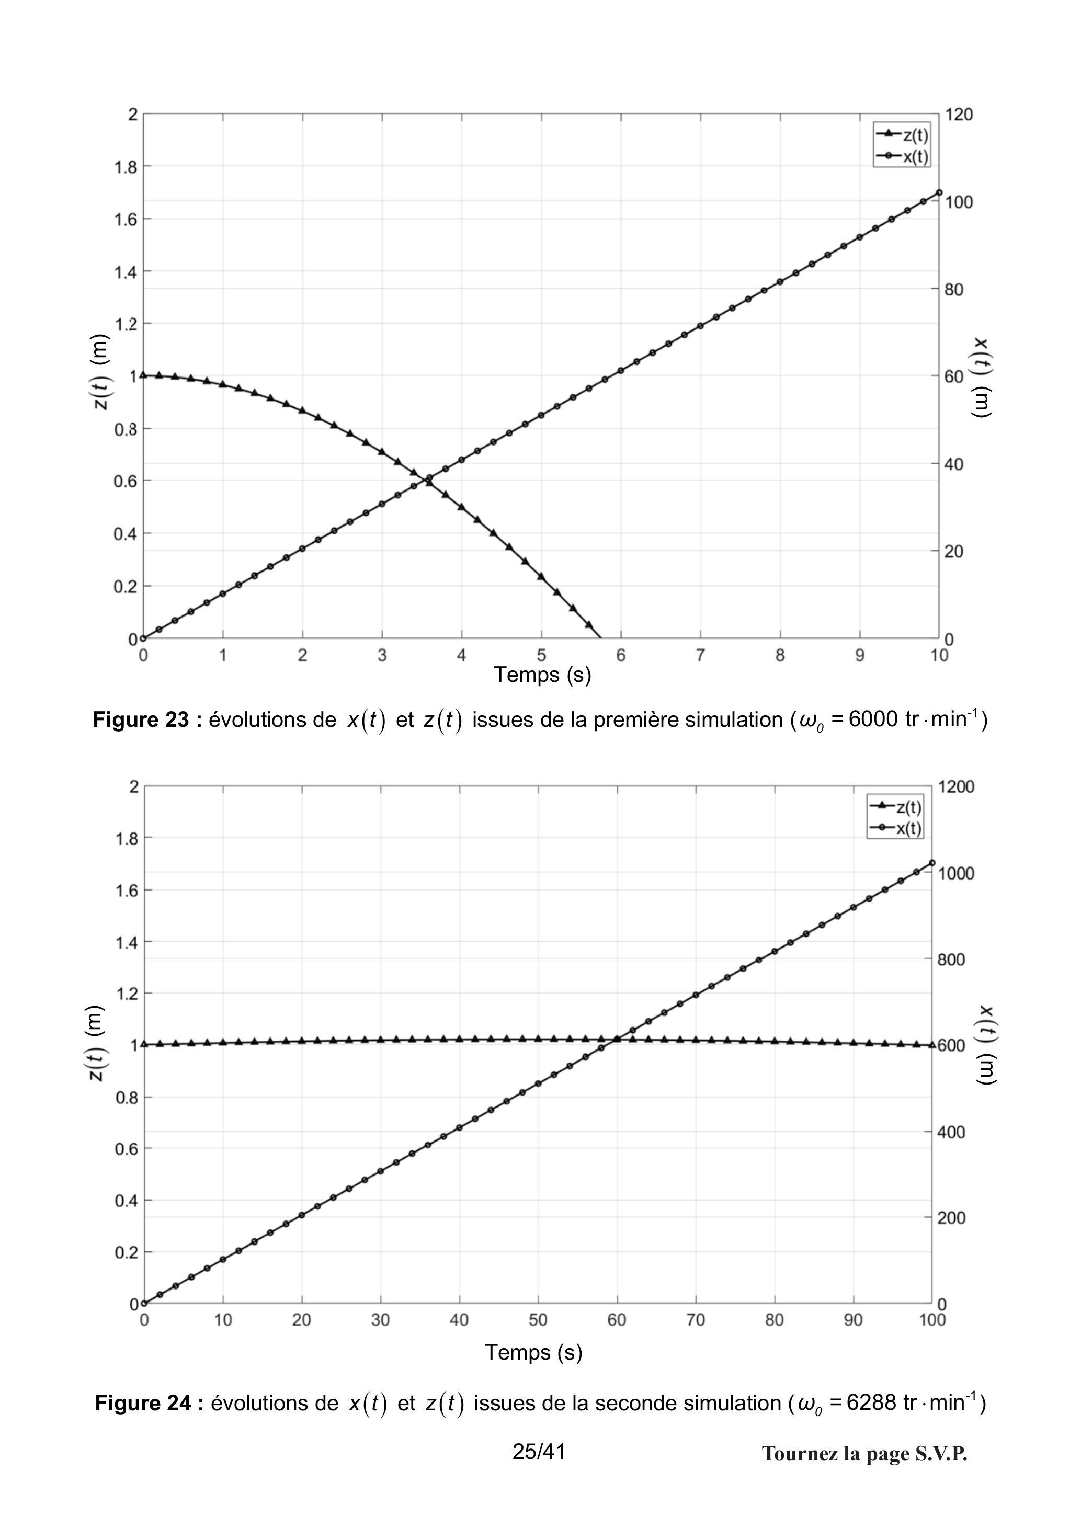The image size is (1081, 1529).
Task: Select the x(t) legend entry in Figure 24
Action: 895,828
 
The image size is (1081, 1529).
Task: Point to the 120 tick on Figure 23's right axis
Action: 959,115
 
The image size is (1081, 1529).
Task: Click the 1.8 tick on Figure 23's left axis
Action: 126,166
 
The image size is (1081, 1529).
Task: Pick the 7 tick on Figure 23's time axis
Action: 700,655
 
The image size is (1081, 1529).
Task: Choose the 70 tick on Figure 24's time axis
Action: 696,1320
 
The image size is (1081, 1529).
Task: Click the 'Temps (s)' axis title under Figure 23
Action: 542,675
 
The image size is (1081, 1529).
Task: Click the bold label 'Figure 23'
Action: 141,720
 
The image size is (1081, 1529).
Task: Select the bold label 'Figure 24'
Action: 143,1403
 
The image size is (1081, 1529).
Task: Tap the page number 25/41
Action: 539,1452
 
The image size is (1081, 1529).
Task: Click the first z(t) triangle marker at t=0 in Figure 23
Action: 143,375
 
